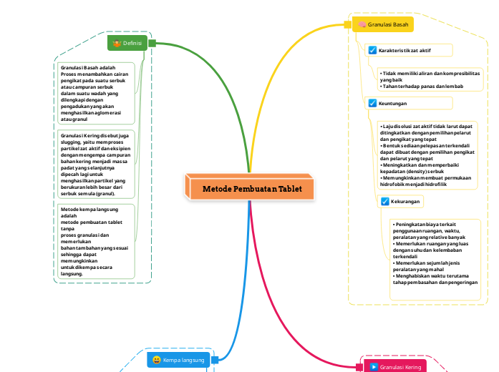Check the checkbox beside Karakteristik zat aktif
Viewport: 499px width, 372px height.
tap(372, 50)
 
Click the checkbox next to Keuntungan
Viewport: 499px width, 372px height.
tap(372, 103)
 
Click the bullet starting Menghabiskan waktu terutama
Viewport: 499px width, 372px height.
tap(435, 278)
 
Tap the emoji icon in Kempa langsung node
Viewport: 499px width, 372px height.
tap(156, 360)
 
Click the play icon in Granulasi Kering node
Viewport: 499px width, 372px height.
tap(373, 367)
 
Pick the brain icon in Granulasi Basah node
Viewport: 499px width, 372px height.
tap(363, 24)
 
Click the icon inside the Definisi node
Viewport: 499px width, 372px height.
tap(117, 43)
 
